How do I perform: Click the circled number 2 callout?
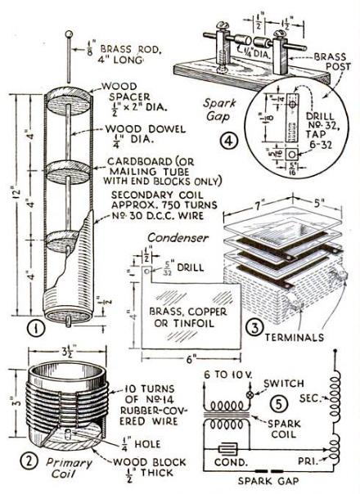(x=31, y=460)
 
